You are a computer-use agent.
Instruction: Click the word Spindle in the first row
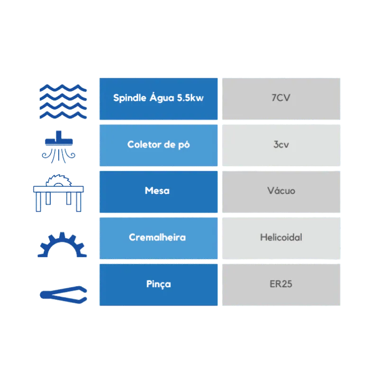pyautogui.click(x=130, y=98)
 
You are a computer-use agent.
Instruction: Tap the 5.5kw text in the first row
pyautogui.click(x=190, y=98)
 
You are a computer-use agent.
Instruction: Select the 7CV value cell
pyautogui.click(x=281, y=99)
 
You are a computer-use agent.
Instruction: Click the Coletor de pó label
pyautogui.click(x=159, y=145)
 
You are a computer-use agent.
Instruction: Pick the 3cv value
pyautogui.click(x=281, y=144)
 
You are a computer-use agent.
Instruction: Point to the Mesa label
pyautogui.click(x=157, y=191)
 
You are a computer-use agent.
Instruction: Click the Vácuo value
pyautogui.click(x=281, y=190)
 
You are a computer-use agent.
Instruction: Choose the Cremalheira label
pyautogui.click(x=157, y=237)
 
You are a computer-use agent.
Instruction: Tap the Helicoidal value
pyautogui.click(x=281, y=237)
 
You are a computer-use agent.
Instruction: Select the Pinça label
pyautogui.click(x=159, y=284)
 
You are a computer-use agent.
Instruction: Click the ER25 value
pyautogui.click(x=281, y=284)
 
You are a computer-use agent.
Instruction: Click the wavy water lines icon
pyautogui.click(x=63, y=101)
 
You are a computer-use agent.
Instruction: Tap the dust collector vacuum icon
pyautogui.click(x=58, y=147)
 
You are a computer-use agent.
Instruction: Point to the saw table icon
pyautogui.click(x=58, y=193)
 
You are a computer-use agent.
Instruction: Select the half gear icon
pyautogui.click(x=62, y=244)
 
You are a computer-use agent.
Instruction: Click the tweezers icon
pyautogui.click(x=63, y=295)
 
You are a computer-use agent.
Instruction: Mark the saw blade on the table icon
pyautogui.click(x=58, y=180)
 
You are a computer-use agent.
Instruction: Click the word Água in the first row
pyautogui.click(x=162, y=98)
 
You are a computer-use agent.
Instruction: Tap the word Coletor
pyautogui.click(x=144, y=144)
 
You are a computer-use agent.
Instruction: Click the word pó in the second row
pyautogui.click(x=184, y=145)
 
